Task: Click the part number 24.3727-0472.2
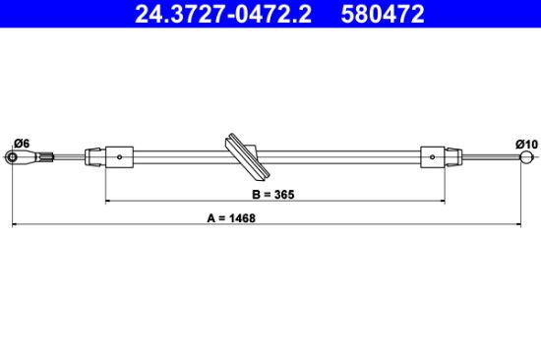223,14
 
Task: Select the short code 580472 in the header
383,14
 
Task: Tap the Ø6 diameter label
22,143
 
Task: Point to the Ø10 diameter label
527,144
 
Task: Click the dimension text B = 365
273,195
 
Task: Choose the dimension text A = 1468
231,218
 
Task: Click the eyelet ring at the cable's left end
13,157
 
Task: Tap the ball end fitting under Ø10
526,157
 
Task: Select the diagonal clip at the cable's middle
246,156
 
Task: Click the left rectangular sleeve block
119,157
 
